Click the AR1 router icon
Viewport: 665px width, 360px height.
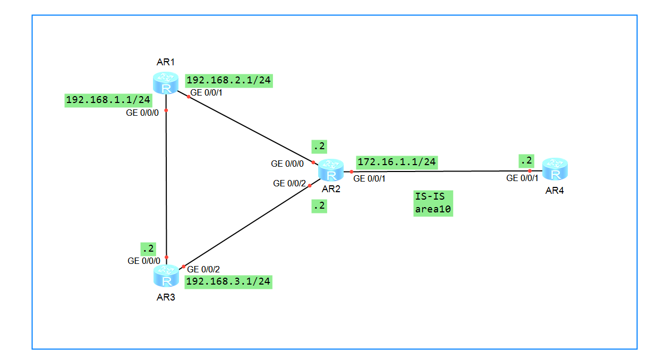pyautogui.click(x=166, y=83)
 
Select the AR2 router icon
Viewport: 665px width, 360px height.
pyautogui.click(x=331, y=170)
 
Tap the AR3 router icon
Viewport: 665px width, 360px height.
pyautogui.click(x=166, y=276)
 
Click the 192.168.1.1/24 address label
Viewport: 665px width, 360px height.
pyautogui.click(x=108, y=100)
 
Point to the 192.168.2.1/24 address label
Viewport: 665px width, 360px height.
pyautogui.click(x=229, y=81)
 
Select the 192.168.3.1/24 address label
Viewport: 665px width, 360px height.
pyautogui.click(x=228, y=281)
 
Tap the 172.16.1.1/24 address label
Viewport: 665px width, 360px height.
pyautogui.click(x=397, y=162)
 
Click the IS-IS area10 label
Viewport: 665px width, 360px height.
pyautogui.click(x=433, y=203)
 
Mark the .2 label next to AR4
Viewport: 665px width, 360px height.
pyautogui.click(x=526, y=161)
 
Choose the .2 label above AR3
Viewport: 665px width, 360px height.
pyautogui.click(x=148, y=248)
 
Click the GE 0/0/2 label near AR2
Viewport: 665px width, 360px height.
pyautogui.click(x=289, y=184)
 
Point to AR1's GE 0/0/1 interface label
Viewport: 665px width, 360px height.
pyautogui.click(x=207, y=92)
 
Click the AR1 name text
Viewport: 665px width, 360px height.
pyautogui.click(x=166, y=63)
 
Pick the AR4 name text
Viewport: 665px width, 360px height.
pyautogui.click(x=554, y=191)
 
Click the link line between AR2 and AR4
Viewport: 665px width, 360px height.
pyautogui.click(x=441, y=171)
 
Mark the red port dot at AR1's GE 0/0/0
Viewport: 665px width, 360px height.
pyautogui.click(x=166, y=110)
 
